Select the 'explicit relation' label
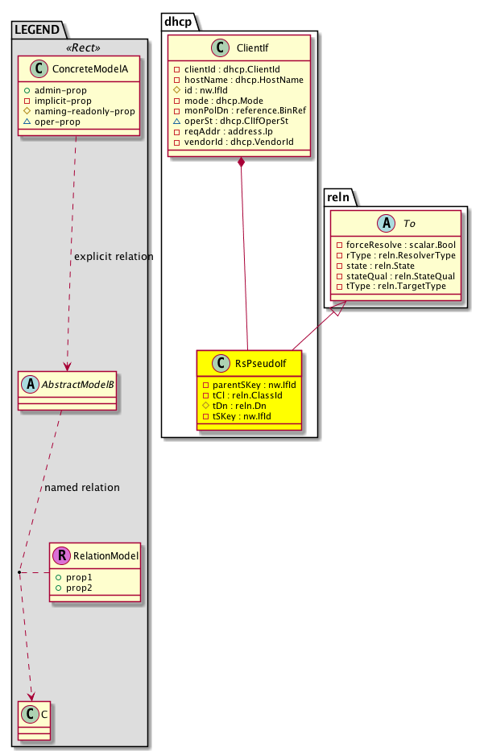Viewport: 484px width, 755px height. pos(112,257)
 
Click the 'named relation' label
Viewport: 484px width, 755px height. pos(82,488)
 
